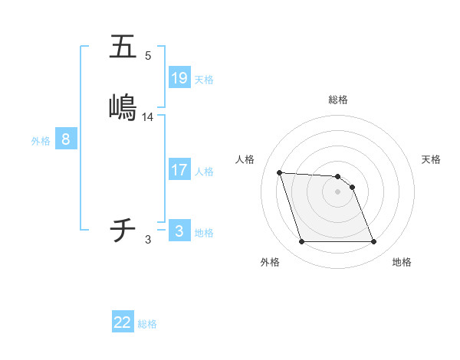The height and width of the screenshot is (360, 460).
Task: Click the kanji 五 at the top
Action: pyautogui.click(x=123, y=47)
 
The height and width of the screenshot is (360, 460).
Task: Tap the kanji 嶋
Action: pyautogui.click(x=123, y=106)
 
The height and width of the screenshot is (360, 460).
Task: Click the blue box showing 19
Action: pyautogui.click(x=179, y=77)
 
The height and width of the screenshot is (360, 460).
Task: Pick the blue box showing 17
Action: pyautogui.click(x=179, y=170)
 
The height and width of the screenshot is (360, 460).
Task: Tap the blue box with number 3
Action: pyautogui.click(x=179, y=231)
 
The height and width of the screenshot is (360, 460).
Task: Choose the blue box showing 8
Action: pyautogui.click(x=66, y=139)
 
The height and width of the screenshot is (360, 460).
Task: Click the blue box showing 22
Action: pyautogui.click(x=123, y=322)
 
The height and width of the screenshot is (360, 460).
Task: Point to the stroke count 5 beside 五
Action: pyautogui.click(x=148, y=56)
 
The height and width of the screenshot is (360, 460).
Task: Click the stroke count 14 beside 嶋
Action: pyautogui.click(x=148, y=117)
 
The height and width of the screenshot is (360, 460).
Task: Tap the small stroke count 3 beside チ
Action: pyautogui.click(x=148, y=240)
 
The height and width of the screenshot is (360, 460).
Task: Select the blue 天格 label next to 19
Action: pyautogui.click(x=204, y=80)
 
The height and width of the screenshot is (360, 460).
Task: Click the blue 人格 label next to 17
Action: pyautogui.click(x=204, y=172)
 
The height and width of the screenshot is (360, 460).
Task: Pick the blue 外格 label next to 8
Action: pyautogui.click(x=41, y=141)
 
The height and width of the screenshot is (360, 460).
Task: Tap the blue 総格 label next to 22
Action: pyautogui.click(x=147, y=324)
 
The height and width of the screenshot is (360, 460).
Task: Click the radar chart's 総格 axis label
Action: pyautogui.click(x=338, y=100)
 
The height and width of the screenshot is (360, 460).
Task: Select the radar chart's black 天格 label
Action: pyautogui.click(x=431, y=159)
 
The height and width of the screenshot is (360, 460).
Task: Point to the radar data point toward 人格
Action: pyautogui.click(x=279, y=172)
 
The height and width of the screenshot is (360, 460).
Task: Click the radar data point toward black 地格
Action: pyautogui.click(x=373, y=242)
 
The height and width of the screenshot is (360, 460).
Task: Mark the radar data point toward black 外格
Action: pyautogui.click(x=301, y=242)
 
